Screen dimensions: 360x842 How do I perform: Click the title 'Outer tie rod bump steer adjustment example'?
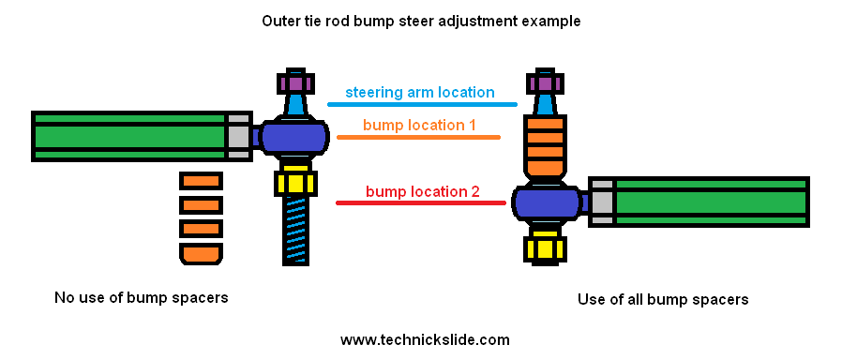tap(420, 20)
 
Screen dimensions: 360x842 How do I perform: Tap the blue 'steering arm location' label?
tap(419, 92)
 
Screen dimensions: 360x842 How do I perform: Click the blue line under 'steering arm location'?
tap(422, 104)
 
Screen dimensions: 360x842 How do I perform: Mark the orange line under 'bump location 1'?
tap(418, 138)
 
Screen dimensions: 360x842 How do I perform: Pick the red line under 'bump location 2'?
tap(419, 202)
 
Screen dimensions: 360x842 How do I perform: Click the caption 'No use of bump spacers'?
tap(142, 298)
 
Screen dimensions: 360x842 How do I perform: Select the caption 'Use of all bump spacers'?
tap(663, 300)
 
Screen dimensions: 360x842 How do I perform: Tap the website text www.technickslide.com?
tap(425, 339)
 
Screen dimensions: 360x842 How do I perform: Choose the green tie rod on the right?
tap(711, 202)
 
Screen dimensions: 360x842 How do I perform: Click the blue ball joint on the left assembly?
tap(294, 138)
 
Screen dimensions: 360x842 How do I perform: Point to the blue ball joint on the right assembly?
tap(546, 202)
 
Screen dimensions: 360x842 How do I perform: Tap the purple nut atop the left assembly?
tap(294, 82)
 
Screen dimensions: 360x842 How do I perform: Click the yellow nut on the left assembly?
tap(294, 181)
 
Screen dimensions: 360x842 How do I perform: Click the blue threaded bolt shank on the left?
tap(294, 230)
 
